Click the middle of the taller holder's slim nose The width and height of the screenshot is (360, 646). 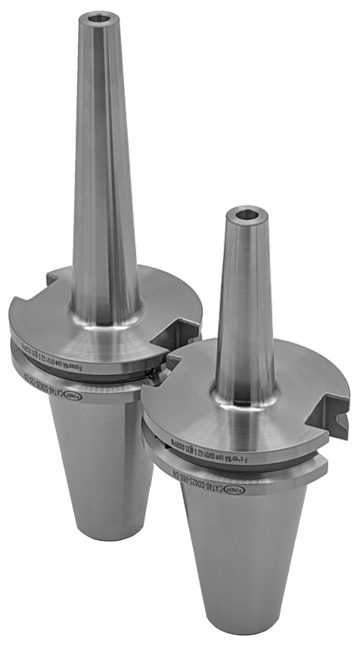click(102, 166)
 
